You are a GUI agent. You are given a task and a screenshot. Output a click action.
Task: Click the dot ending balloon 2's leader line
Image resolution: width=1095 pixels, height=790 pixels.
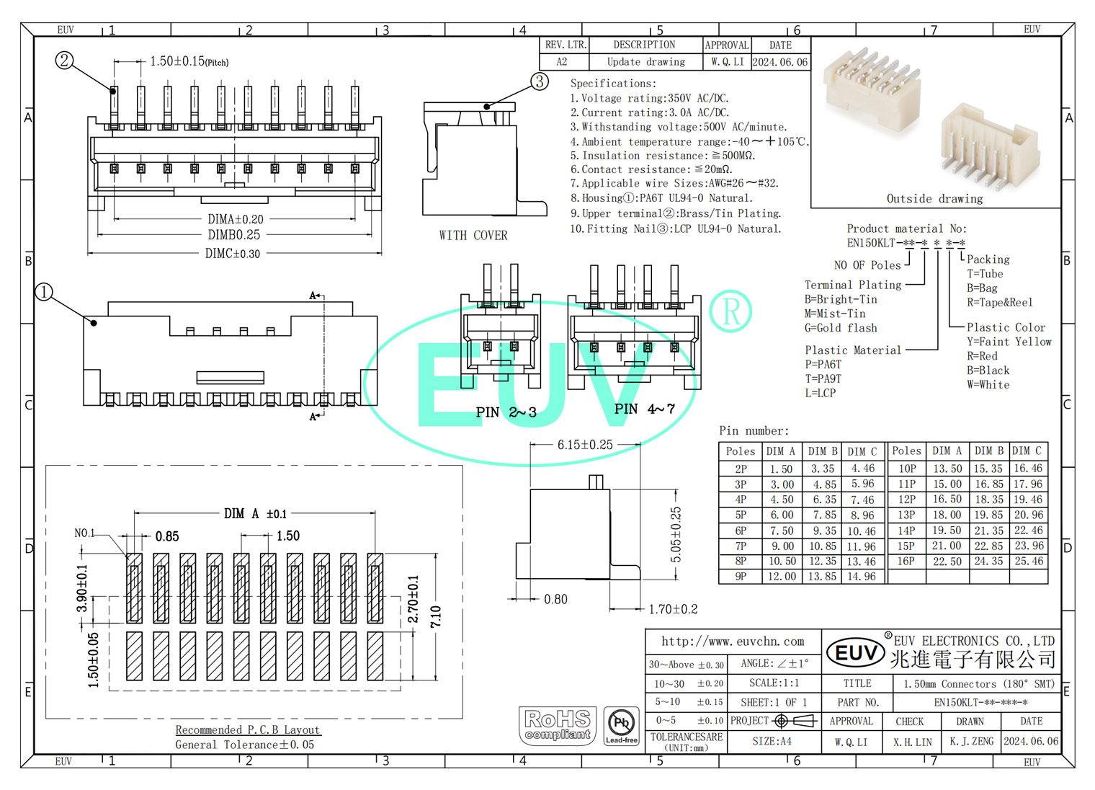[x=113, y=91]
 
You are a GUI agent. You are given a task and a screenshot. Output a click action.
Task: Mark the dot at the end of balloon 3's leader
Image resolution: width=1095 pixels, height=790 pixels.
[x=487, y=106]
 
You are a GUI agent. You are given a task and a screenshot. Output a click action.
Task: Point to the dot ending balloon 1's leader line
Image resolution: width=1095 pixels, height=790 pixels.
[x=94, y=323]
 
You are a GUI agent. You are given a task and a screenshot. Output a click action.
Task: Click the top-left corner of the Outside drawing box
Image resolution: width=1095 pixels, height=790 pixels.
[x=811, y=37]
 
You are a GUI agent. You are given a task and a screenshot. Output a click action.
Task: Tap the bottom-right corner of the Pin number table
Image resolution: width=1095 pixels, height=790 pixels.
[x=1048, y=584]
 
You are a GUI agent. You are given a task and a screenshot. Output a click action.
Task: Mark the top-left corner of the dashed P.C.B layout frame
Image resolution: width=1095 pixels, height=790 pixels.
[x=46, y=466]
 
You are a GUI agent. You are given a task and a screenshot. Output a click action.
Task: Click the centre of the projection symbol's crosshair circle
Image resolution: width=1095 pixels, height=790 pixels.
[x=781, y=721]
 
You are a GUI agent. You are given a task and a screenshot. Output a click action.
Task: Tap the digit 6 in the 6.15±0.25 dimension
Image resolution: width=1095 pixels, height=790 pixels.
[x=561, y=445]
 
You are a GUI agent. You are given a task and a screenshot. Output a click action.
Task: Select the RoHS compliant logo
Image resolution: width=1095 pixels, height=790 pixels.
[x=558, y=726]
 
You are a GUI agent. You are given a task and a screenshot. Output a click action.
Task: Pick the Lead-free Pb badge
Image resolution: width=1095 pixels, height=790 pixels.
[x=621, y=726]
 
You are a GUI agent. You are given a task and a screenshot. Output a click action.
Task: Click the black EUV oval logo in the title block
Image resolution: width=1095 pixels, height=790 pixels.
[x=856, y=653]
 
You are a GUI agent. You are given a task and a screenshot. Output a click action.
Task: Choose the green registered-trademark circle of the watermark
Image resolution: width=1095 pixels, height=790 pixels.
[x=730, y=311]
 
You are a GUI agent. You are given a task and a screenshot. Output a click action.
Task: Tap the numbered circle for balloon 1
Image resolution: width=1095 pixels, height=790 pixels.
[x=44, y=292]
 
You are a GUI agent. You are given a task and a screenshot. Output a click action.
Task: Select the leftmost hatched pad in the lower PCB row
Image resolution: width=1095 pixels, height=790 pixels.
[x=135, y=656]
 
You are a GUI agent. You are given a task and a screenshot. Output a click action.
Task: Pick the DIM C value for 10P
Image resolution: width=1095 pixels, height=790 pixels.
[x=1028, y=469]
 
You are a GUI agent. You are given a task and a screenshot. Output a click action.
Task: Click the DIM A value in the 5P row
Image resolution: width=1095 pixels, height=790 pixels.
[x=782, y=515]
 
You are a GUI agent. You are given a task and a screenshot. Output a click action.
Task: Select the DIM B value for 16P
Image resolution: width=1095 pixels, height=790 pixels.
[x=988, y=561]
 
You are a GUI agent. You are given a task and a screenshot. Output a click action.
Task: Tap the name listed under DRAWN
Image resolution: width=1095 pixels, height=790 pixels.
[x=972, y=742]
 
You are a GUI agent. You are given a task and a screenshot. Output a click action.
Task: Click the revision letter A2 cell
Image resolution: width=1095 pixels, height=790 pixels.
[x=562, y=62]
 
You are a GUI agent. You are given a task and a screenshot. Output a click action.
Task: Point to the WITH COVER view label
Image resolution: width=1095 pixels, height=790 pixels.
[x=473, y=235]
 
